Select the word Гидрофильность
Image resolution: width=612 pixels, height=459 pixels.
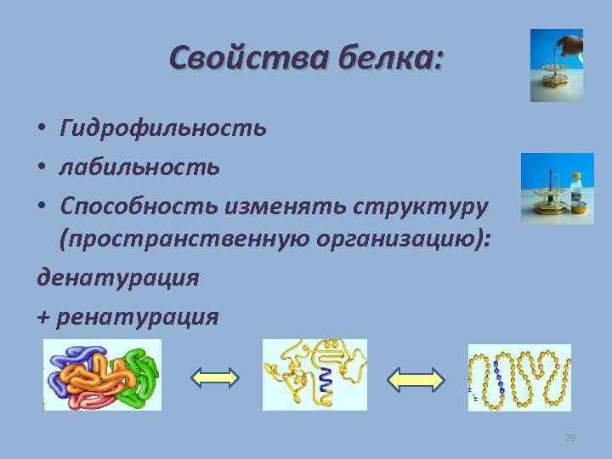tap(162, 128)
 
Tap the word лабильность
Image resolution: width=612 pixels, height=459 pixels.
tap(139, 167)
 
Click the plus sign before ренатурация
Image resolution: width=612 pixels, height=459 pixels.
tap(44, 317)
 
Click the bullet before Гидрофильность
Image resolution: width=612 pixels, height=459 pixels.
tap(42, 129)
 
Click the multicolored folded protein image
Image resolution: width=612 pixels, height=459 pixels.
tap(102, 374)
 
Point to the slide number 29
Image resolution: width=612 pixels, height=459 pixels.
tap(569, 438)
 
